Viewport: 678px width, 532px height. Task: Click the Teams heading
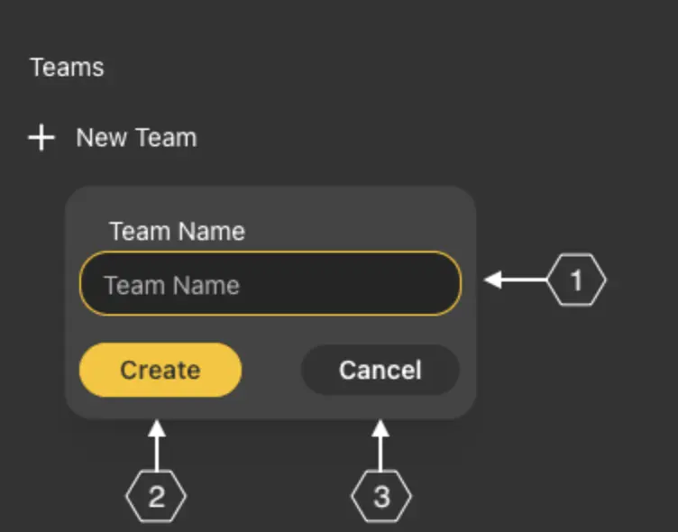click(67, 68)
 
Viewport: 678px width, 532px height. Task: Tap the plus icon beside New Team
click(41, 138)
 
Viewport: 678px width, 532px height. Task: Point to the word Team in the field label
click(139, 232)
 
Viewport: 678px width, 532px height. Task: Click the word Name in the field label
click(210, 232)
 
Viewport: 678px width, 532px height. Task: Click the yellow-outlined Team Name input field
click(270, 283)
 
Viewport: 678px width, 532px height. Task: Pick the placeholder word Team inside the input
click(134, 286)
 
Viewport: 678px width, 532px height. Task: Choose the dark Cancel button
click(380, 370)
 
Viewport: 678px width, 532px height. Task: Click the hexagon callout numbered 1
click(577, 281)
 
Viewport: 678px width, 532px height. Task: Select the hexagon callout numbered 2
click(156, 497)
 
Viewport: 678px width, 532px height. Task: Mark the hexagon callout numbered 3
click(381, 497)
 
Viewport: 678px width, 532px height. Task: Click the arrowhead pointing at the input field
click(493, 281)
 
